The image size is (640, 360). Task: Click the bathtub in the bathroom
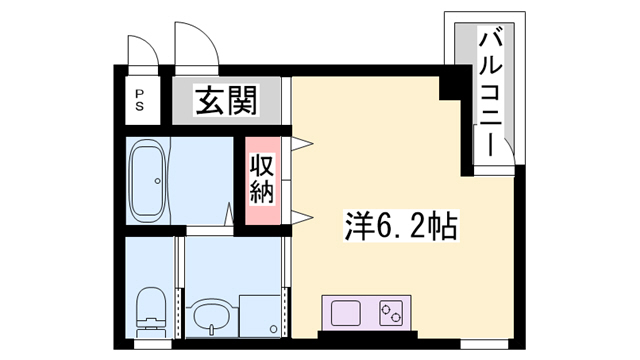tap(150, 181)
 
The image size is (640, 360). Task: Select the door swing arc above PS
tap(143, 48)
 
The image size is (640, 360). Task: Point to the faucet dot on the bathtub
tap(157, 181)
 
